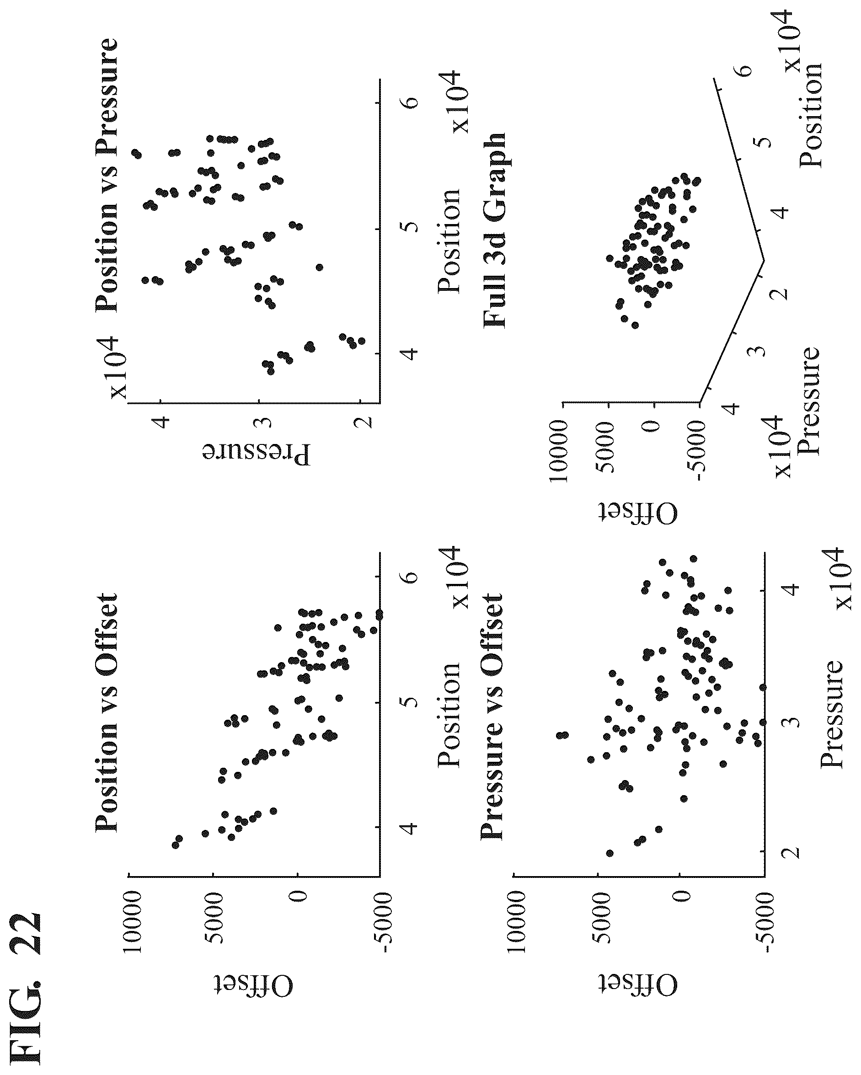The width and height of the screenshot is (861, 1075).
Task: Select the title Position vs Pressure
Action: click(x=106, y=174)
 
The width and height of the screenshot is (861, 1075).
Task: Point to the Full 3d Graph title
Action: click(x=494, y=230)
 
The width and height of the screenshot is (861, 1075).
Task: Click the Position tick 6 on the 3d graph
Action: click(x=744, y=70)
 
